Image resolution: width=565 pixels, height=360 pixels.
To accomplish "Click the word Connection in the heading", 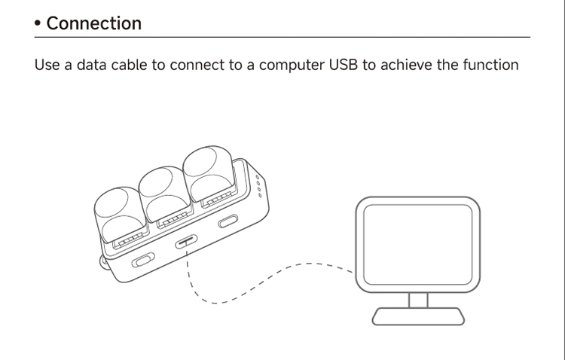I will tap(93, 23).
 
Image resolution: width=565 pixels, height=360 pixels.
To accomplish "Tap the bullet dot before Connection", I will tap(38, 24).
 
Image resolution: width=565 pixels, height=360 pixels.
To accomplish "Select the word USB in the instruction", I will tap(344, 65).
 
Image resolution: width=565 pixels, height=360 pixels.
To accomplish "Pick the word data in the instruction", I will tap(91, 66).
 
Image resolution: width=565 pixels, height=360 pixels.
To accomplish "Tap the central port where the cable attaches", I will tap(186, 242).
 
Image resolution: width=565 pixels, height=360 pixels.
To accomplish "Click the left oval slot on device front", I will tap(142, 261).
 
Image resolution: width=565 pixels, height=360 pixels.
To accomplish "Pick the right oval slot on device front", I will tap(228, 222).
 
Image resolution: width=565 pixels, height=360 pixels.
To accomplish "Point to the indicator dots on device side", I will tap(259, 186).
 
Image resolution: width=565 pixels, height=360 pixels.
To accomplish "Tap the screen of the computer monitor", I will tap(417, 243).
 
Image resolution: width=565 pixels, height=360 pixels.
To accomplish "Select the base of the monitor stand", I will tap(418, 316).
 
